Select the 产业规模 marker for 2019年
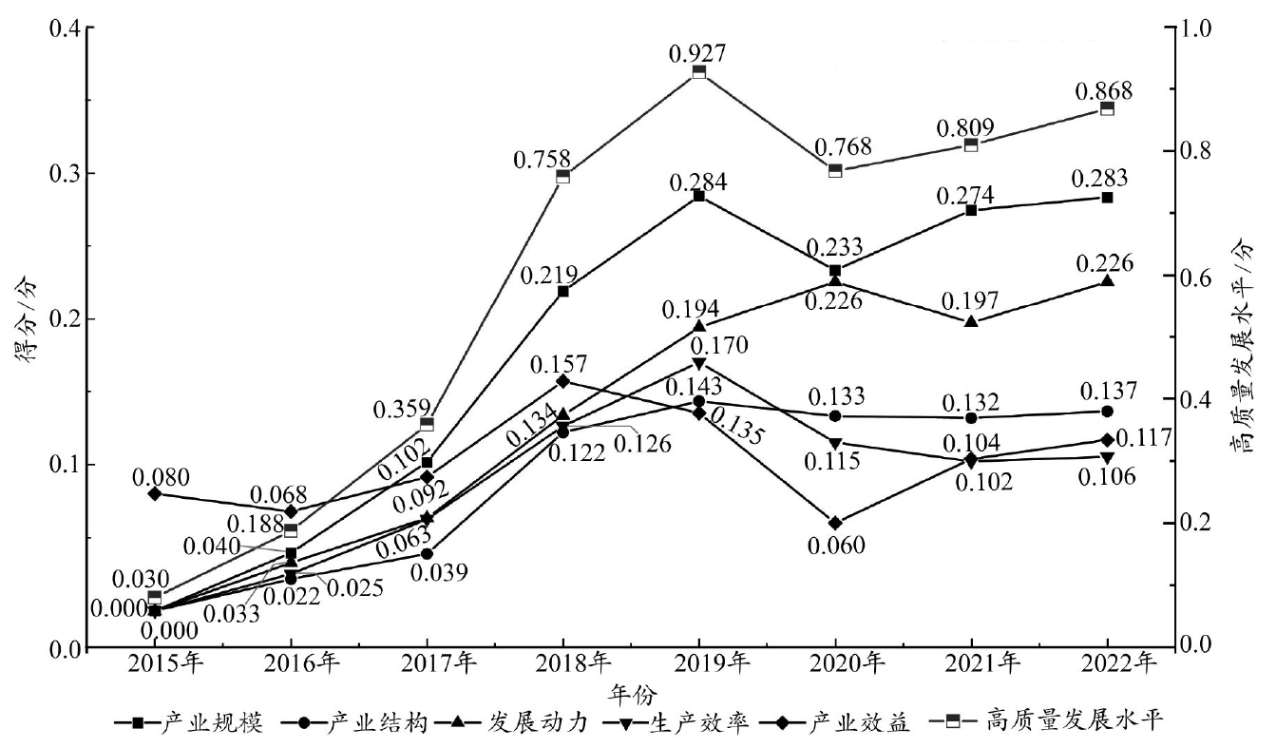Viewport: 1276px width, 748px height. (x=698, y=195)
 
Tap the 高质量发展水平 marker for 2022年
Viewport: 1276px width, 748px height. (x=1107, y=108)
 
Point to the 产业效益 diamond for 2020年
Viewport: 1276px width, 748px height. (x=835, y=523)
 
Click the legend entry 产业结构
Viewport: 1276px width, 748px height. (x=363, y=724)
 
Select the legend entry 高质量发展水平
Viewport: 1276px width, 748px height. (x=1075, y=724)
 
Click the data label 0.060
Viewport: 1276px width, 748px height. (x=835, y=546)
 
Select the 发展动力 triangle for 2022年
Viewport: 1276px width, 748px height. (x=1107, y=280)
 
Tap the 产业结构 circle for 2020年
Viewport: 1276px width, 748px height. (x=835, y=415)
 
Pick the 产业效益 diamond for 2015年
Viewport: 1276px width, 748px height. (x=155, y=492)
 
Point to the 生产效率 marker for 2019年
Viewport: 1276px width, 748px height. (x=698, y=363)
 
